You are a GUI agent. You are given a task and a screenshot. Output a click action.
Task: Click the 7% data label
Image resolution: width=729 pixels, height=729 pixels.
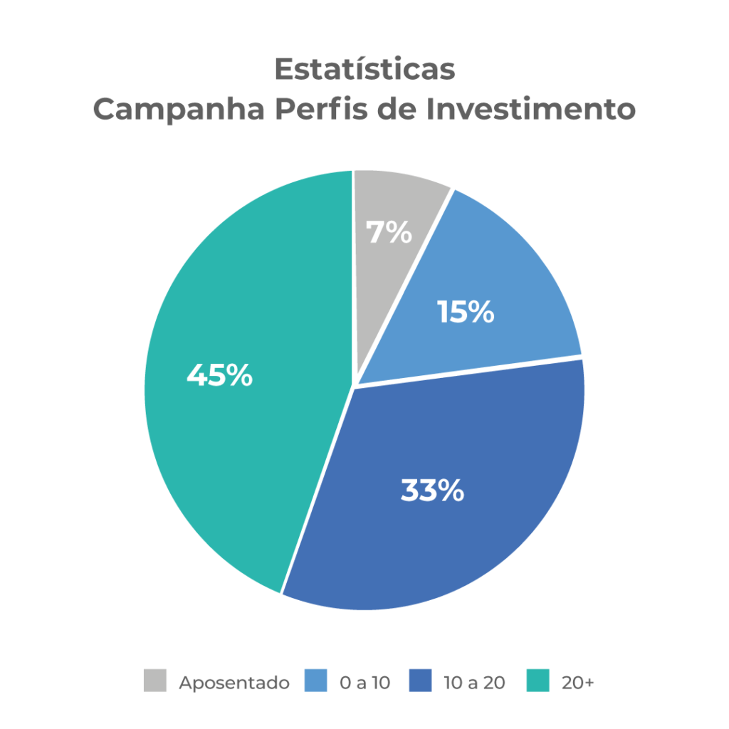coord(389,232)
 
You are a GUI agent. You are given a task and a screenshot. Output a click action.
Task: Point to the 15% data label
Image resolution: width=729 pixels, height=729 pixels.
coord(466,312)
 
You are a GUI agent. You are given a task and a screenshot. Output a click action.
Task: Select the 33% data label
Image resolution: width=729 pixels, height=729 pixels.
coord(432,490)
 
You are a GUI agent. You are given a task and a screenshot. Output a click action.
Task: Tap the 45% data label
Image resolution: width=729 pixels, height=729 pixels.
coord(219,374)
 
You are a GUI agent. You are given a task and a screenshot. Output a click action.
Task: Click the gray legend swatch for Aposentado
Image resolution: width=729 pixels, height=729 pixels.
coord(154,680)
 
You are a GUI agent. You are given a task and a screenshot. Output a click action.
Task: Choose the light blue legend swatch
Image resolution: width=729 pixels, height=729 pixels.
coord(315,680)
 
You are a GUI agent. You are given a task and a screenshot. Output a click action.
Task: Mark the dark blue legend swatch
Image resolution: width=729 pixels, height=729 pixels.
coord(420,680)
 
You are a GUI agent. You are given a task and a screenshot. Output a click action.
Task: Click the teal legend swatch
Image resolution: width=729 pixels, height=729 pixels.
coord(538,680)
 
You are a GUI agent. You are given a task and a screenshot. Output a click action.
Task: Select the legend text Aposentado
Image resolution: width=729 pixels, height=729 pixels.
coord(234,683)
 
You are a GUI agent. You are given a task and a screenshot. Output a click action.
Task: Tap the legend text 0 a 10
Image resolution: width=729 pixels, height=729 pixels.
coord(365,683)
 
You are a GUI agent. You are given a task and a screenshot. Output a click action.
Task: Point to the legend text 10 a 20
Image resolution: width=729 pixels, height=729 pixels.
coord(474,683)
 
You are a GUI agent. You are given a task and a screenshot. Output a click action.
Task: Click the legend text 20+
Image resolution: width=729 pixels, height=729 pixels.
coord(578,683)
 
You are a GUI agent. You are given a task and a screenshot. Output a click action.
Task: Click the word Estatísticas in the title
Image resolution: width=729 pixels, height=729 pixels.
coord(365,69)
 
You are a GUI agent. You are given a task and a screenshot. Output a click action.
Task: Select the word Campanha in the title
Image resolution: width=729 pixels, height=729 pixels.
coord(179,110)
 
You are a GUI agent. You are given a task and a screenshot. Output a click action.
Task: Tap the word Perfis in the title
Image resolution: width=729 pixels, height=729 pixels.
coord(321,108)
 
